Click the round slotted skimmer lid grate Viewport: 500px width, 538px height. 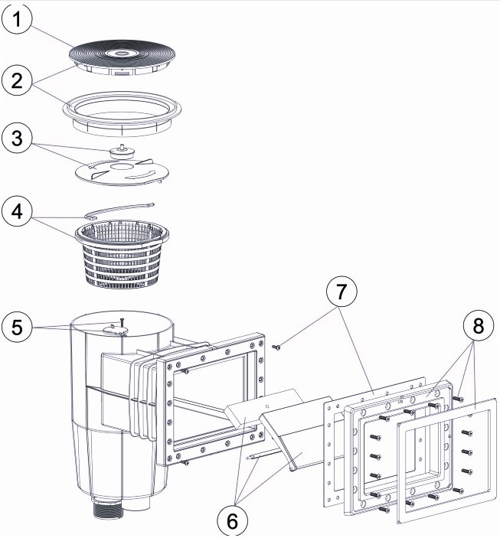click(122, 54)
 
